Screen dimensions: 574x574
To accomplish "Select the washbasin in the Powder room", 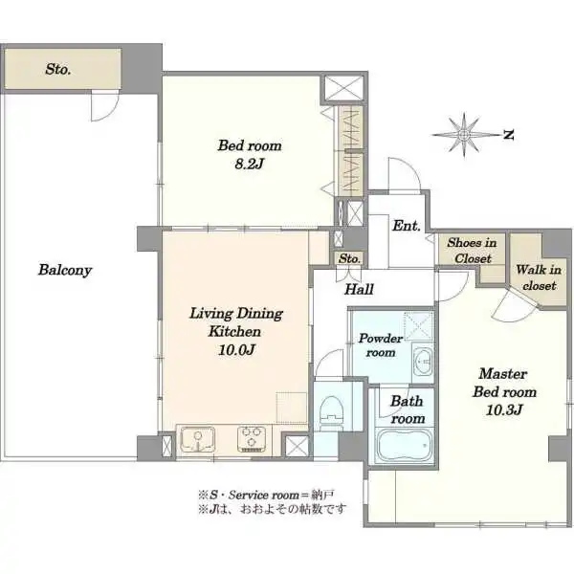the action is click(x=423, y=363).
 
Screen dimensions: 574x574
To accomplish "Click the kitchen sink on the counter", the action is click(x=198, y=439).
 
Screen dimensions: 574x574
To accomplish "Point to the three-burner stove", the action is click(x=251, y=439).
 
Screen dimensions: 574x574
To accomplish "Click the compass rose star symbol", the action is click(x=464, y=135).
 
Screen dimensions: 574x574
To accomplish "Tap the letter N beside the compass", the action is click(x=508, y=135).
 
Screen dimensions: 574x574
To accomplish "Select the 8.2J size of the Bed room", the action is click(x=250, y=164).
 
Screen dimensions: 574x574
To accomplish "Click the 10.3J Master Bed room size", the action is click(x=504, y=409).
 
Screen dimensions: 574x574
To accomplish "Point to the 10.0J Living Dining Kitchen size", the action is click(x=236, y=350).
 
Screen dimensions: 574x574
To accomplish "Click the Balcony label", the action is click(x=65, y=270).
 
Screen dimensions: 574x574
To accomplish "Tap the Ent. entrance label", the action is click(x=406, y=226).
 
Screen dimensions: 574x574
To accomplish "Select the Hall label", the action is click(x=359, y=290).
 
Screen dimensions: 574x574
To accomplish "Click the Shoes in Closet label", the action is click(x=473, y=251).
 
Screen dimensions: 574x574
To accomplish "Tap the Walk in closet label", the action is click(x=539, y=277).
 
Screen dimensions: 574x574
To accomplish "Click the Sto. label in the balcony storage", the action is click(x=57, y=69).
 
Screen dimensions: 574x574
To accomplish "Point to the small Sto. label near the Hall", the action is click(x=349, y=259).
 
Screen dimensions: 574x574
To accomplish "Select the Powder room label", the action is click(x=381, y=345).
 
